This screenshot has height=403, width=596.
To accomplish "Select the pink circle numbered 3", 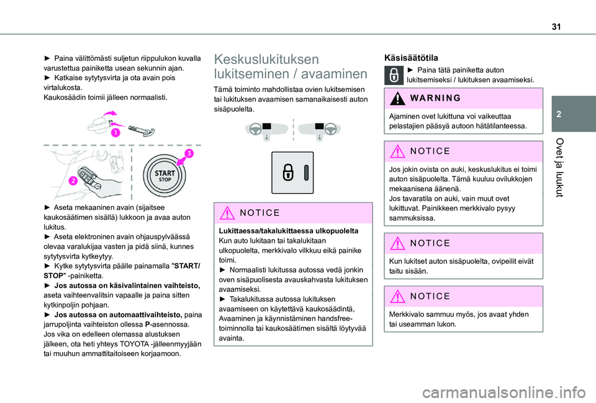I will (x=187, y=153).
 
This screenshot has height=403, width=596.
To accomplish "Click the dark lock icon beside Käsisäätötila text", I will (x=394, y=75).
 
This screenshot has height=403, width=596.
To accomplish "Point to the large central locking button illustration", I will (x=292, y=173).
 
